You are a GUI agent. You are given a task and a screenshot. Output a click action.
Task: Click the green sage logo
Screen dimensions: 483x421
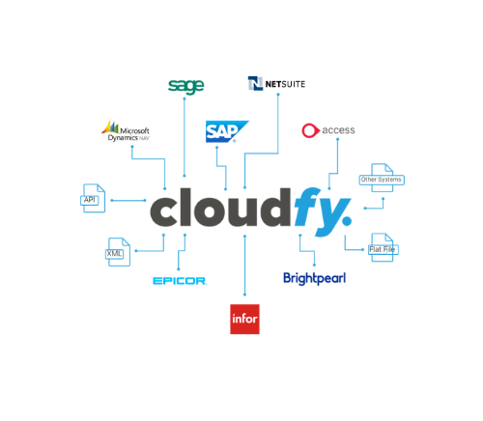pyautogui.click(x=186, y=87)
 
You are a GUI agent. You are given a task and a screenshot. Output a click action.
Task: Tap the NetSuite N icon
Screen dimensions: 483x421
pyautogui.click(x=255, y=83)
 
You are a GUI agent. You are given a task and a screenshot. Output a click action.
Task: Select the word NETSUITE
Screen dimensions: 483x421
pyautogui.click(x=285, y=84)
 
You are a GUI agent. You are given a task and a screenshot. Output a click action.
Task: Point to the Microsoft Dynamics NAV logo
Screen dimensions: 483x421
pyautogui.click(x=126, y=130)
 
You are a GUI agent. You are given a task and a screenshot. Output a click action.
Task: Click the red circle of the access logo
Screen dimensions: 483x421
pyautogui.click(x=310, y=130)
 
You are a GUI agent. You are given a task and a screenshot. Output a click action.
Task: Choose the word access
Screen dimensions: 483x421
pyautogui.click(x=338, y=130)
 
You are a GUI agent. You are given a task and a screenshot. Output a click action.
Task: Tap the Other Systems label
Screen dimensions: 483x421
pyautogui.click(x=382, y=180)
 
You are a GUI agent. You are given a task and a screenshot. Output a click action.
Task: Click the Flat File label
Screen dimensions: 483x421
pyautogui.click(x=384, y=249)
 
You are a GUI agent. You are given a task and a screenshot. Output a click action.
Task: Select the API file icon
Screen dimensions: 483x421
pyautogui.click(x=93, y=198)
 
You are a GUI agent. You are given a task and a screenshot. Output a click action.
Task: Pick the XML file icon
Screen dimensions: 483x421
pyautogui.click(x=118, y=252)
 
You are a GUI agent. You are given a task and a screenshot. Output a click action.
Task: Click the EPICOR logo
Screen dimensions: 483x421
pyautogui.click(x=180, y=281)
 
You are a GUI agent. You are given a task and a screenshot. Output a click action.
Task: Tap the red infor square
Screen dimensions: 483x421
pyautogui.click(x=244, y=319)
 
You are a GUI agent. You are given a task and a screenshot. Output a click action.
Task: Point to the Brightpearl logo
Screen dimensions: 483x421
pyautogui.click(x=315, y=279)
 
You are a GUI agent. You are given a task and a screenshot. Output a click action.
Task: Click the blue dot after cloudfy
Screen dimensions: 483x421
pyautogui.click(x=347, y=220)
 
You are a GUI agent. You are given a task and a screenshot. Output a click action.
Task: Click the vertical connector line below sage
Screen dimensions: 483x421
pyautogui.click(x=185, y=137)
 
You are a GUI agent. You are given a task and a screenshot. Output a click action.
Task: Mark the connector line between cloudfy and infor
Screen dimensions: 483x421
pyautogui.click(x=244, y=266)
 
